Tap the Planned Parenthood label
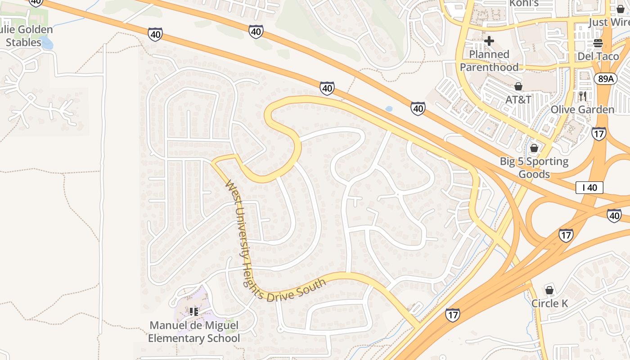click(489, 61)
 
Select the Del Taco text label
click(598, 57)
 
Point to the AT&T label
click(518, 99)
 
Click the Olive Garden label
click(582, 109)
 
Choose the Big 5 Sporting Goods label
click(534, 167)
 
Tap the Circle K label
click(549, 303)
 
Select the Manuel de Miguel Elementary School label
click(194, 332)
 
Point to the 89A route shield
click(605, 79)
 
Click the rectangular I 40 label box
click(589, 188)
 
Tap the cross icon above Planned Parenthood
click(489, 41)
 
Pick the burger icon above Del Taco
click(598, 43)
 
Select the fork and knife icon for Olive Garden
click(583, 96)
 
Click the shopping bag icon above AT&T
click(518, 86)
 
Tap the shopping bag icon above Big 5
click(534, 148)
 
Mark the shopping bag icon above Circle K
click(549, 290)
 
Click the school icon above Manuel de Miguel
click(194, 311)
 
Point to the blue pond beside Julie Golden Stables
click(48, 44)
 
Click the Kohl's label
click(524, 4)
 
